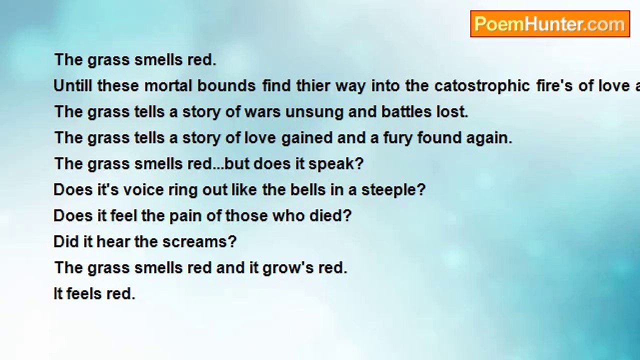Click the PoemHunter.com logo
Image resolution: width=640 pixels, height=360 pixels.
[x=550, y=23]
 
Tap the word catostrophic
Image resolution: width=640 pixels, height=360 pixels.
[x=482, y=86]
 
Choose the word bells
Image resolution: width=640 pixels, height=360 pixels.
[x=308, y=189]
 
